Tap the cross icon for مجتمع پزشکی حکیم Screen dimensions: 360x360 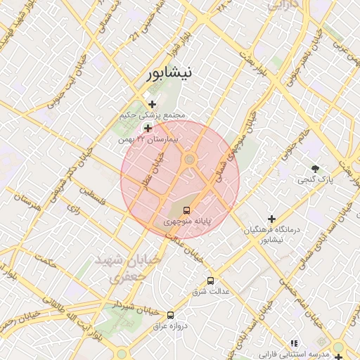152,104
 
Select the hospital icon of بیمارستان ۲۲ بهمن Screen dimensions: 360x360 148,128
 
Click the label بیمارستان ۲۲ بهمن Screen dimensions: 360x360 149,139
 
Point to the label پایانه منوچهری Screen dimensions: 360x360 187,221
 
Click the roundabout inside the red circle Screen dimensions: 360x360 189,161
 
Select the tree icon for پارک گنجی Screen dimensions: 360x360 315,168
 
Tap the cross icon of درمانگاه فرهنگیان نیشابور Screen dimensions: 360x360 271,219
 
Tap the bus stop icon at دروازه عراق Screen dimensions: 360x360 170,315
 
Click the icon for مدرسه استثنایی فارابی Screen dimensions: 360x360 294,342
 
